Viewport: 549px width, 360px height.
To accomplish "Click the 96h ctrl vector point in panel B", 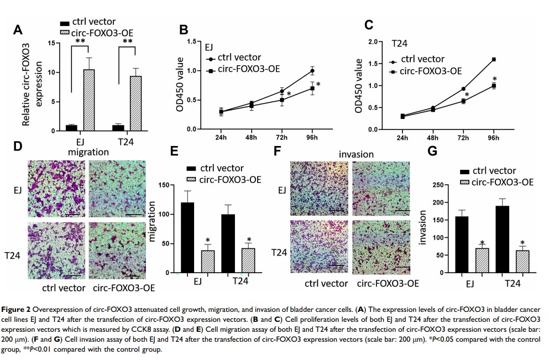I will pos(312,71).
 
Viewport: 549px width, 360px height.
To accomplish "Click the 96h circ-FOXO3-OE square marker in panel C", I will pos(494,86).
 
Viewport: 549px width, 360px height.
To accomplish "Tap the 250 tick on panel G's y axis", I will pos(442,185).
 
